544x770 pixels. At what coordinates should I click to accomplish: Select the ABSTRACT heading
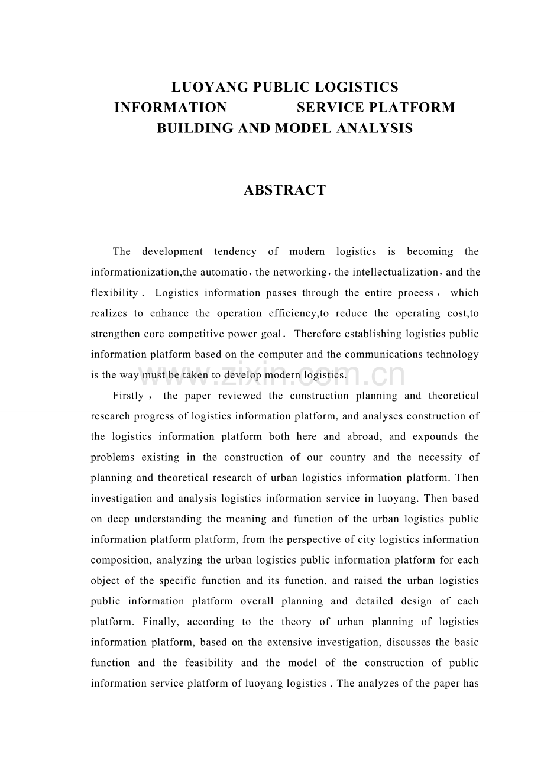[x=284, y=190]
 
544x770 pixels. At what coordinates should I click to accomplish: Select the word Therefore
[x=318, y=334]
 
